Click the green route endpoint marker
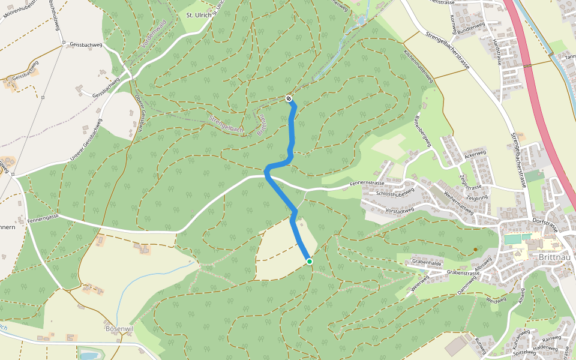309,261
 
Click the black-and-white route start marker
289,98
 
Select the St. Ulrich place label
199,15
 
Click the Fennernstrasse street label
368,183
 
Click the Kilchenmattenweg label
418,67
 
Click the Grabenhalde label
427,262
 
